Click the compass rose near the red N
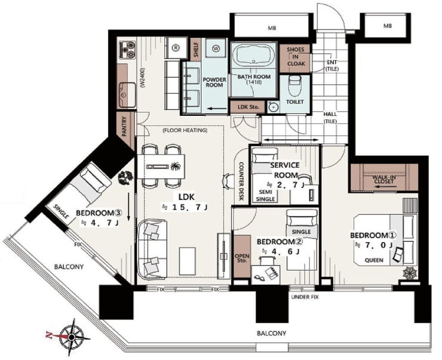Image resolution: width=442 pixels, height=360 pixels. click(x=72, y=337)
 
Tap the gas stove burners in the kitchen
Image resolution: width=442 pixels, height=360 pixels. click(x=127, y=50)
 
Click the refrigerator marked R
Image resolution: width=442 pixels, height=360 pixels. click(x=176, y=48)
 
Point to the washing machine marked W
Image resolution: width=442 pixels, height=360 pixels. click(x=216, y=49)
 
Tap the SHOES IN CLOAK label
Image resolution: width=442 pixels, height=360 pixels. click(x=296, y=57)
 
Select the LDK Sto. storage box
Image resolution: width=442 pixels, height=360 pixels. click(x=247, y=107)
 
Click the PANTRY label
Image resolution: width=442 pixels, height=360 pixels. click(x=124, y=127)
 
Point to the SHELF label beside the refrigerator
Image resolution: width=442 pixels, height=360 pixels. click(x=196, y=50)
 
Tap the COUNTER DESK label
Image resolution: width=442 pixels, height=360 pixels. click(x=241, y=181)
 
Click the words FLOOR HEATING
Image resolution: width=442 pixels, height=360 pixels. click(x=185, y=130)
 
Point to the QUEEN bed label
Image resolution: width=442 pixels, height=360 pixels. click(x=374, y=260)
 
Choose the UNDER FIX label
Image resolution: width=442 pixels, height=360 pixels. click(x=305, y=297)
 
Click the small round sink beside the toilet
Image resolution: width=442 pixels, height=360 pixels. click(x=272, y=107)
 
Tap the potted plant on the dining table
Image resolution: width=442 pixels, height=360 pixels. click(x=176, y=167)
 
